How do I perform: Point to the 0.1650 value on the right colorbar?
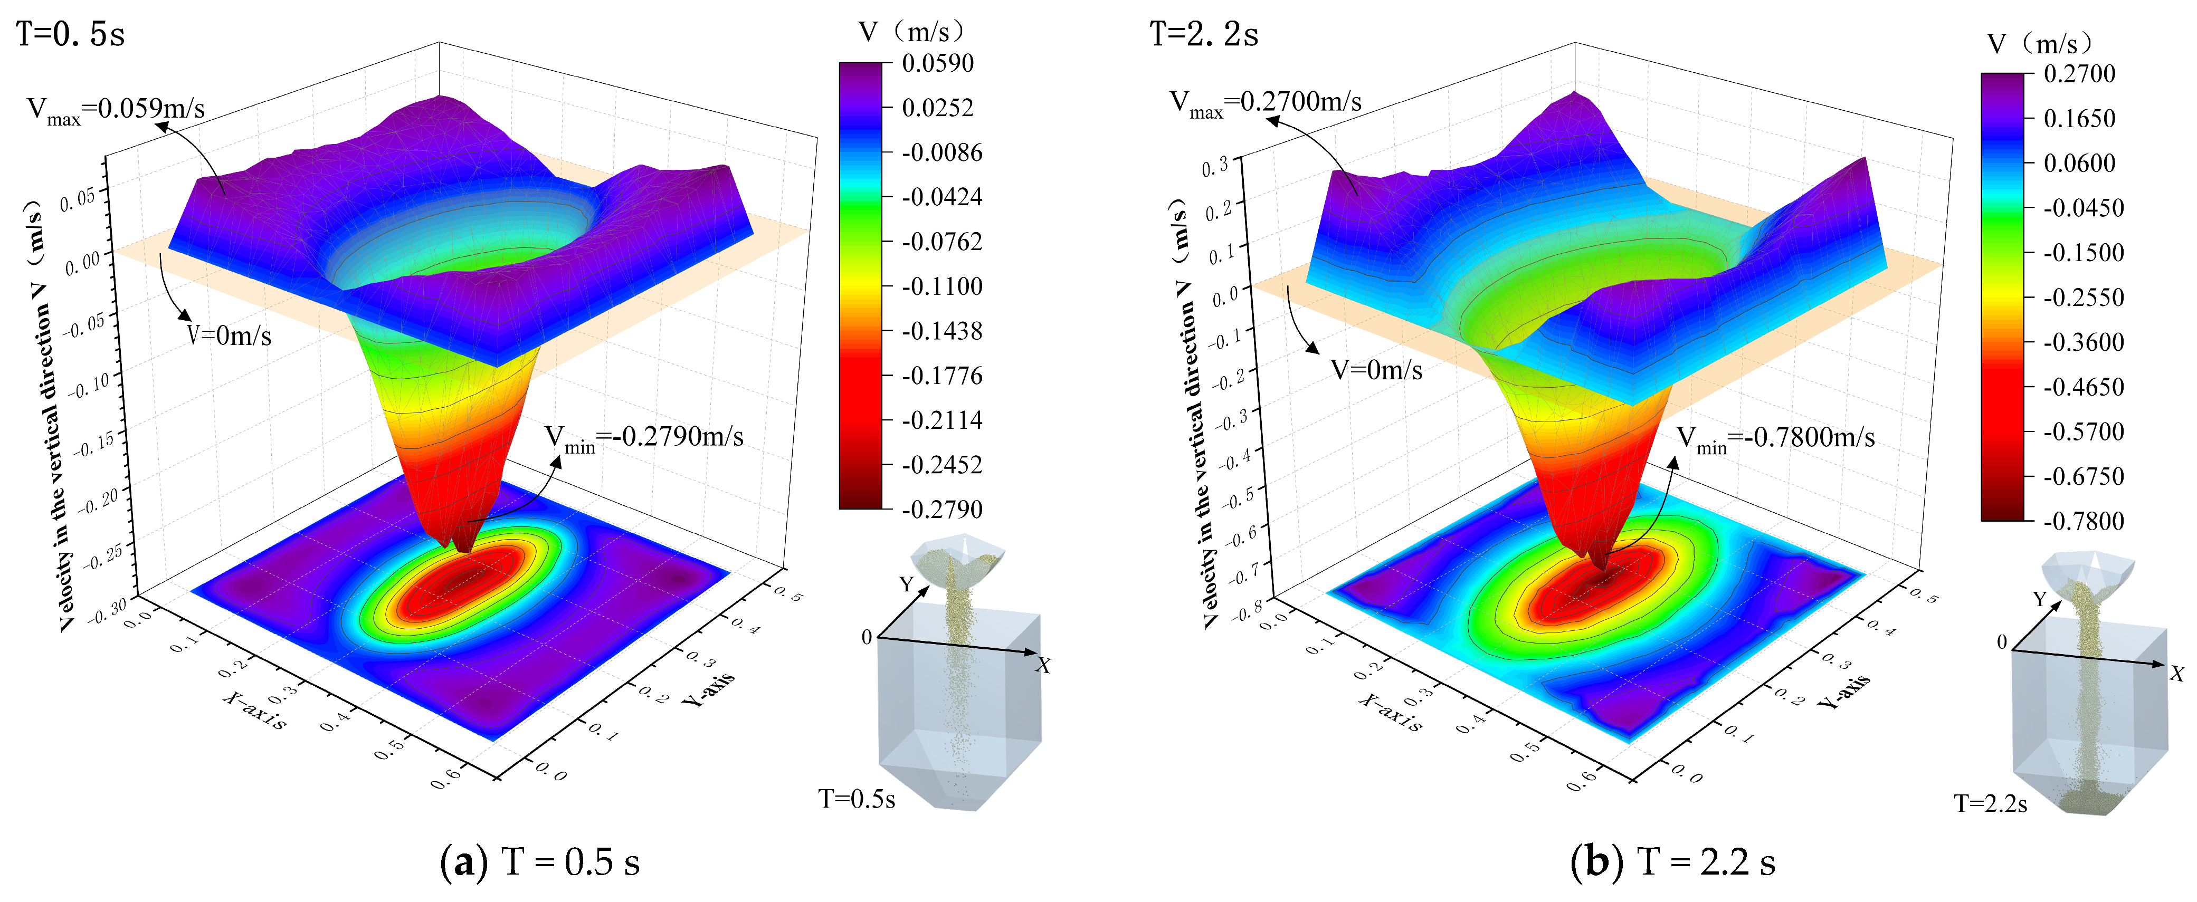[x=2079, y=119]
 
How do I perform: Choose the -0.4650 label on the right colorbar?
[x=2084, y=387]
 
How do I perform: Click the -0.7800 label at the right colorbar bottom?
[x=2084, y=521]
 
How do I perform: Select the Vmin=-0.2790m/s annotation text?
[x=644, y=439]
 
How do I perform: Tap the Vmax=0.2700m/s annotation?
[x=1266, y=104]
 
